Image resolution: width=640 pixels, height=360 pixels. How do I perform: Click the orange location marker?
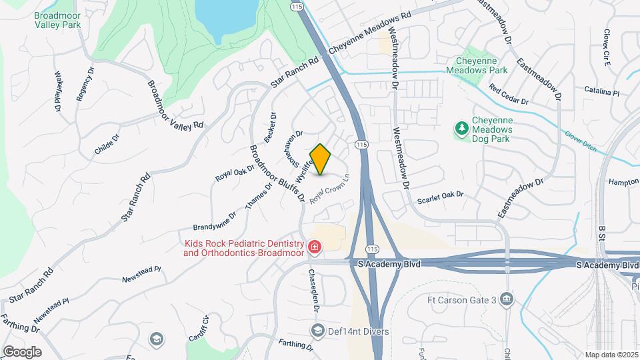321,159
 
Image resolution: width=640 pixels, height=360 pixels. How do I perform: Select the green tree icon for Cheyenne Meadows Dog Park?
461,127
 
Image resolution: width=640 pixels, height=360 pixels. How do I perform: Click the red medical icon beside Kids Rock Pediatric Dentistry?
314,249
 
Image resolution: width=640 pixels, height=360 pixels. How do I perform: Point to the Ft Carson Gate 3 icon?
507,299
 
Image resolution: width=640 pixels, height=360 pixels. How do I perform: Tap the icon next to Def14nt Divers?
318,331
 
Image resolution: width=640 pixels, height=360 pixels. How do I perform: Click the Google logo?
22,351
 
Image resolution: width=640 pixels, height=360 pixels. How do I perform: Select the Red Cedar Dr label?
508,95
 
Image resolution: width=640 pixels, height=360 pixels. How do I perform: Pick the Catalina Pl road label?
602,91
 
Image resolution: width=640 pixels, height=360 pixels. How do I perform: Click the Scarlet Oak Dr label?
440,197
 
